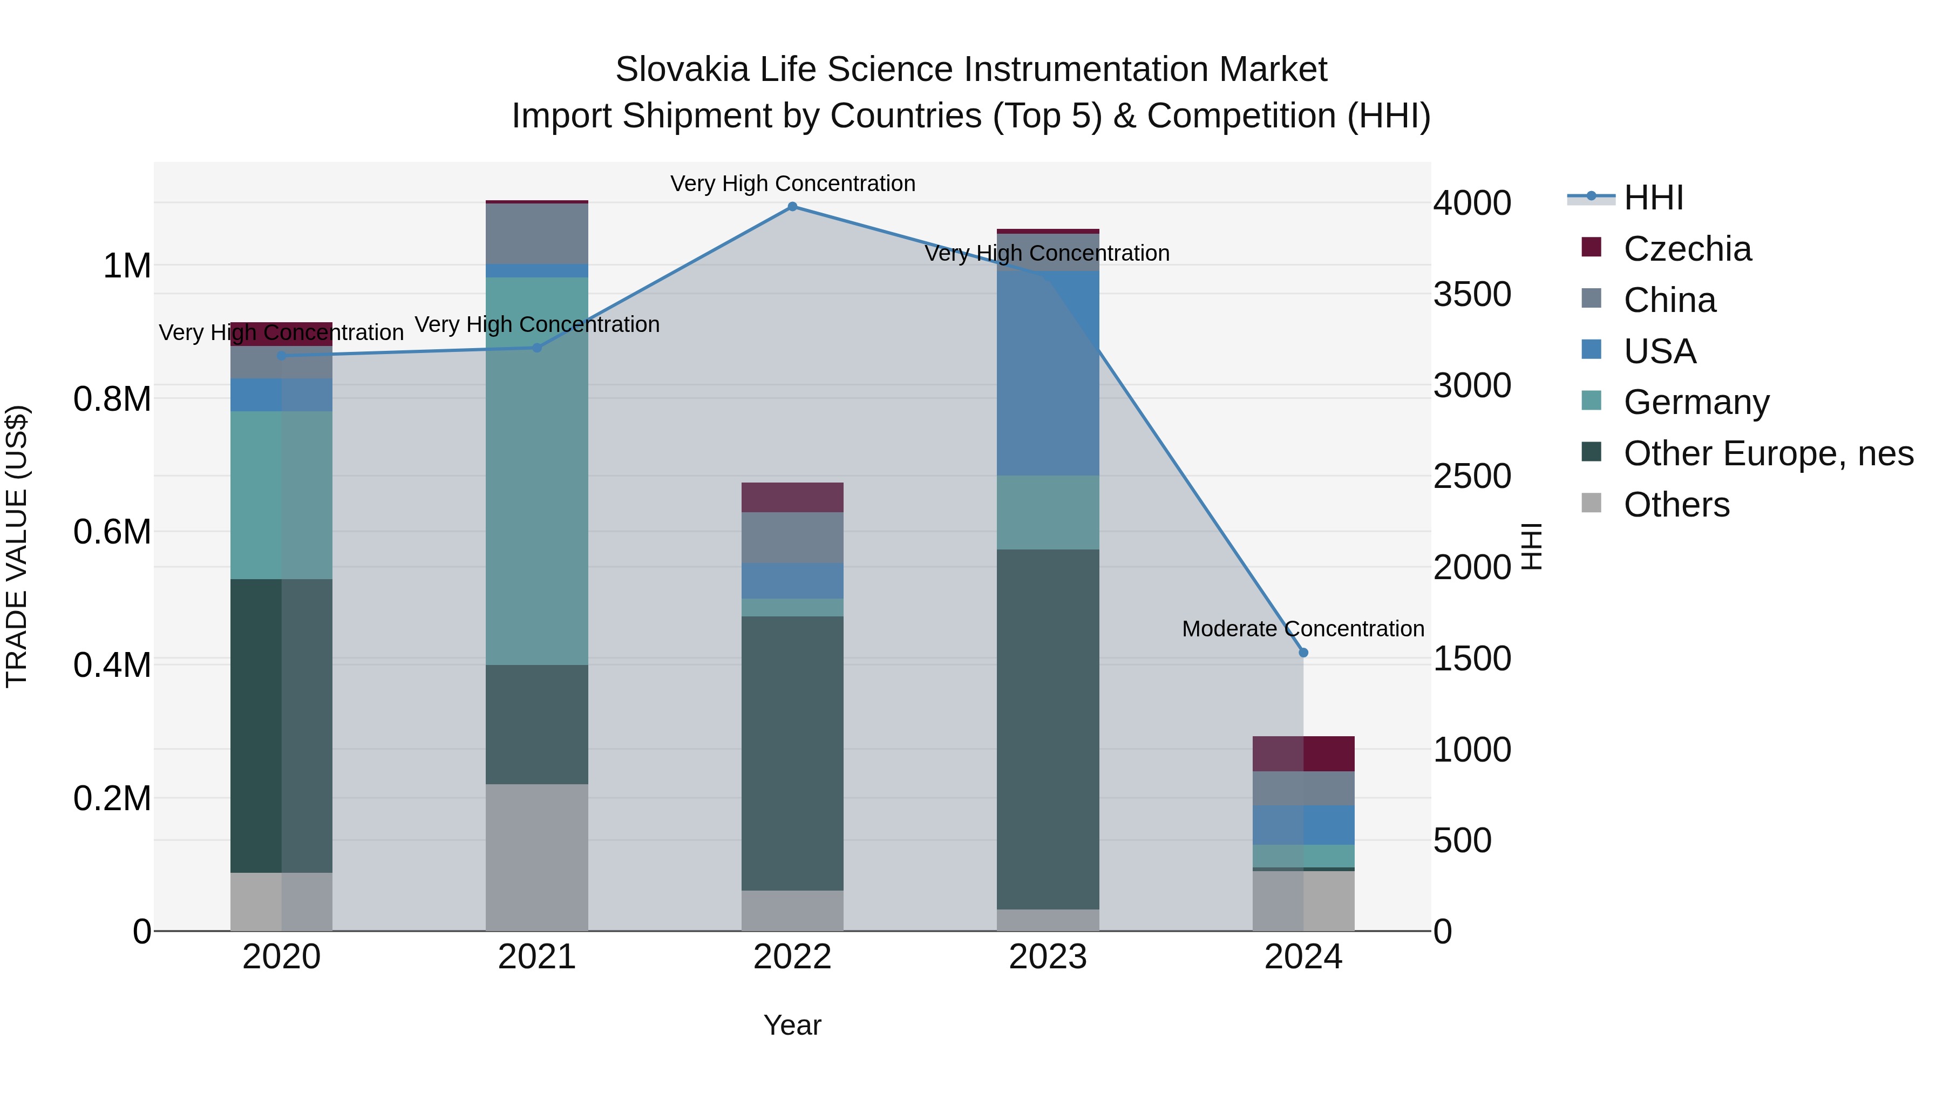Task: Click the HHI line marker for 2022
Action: (792, 207)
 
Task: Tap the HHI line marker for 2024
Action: (1303, 653)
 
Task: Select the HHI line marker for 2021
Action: (537, 348)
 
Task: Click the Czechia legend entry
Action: (1687, 249)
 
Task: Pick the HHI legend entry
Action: (1653, 198)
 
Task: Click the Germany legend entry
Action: (1696, 402)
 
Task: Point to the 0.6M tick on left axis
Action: (112, 532)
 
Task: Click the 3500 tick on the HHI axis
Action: (1472, 294)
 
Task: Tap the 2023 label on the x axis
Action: (1048, 957)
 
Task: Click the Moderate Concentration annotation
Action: (1303, 628)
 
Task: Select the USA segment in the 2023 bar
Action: (1048, 374)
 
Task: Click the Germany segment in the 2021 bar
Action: (537, 471)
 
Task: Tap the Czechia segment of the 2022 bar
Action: (792, 498)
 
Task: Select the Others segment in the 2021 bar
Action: (537, 857)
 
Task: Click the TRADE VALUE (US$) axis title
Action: (17, 546)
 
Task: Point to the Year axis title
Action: (792, 1025)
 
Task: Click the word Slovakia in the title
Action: (682, 70)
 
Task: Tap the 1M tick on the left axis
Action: (127, 266)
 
